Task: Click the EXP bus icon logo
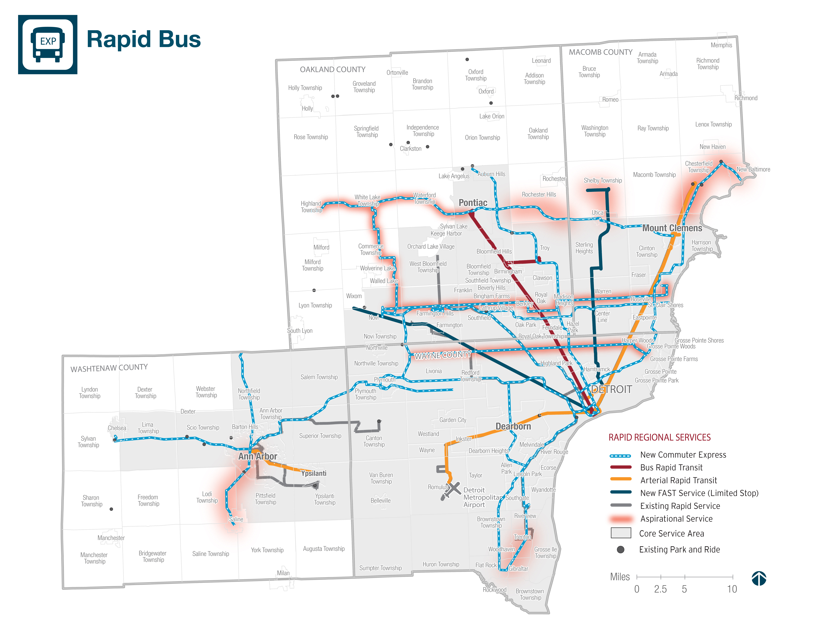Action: pos(48,44)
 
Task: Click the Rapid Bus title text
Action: pos(144,39)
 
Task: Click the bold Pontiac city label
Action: pos(473,203)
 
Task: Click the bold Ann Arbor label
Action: pos(258,456)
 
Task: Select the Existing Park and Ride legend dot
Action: pos(621,549)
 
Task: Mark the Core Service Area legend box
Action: pos(621,533)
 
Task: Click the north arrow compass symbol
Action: pos(759,578)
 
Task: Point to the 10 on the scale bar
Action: pos(732,589)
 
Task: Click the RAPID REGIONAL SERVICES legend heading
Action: pos(659,438)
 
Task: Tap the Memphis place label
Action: pos(721,45)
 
